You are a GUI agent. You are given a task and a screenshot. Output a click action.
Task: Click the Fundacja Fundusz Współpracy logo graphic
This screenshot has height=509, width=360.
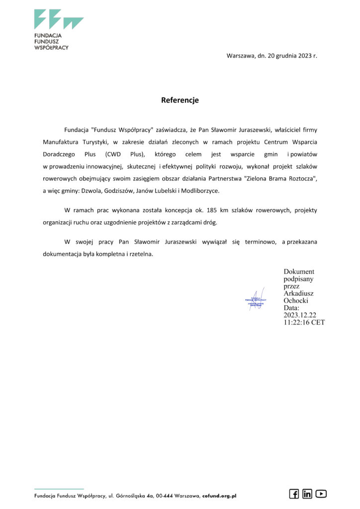[58, 19]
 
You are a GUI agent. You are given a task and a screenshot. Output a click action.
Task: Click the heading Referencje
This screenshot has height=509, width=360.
[180, 100]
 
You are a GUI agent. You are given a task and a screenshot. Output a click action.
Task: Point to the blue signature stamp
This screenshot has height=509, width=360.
[257, 300]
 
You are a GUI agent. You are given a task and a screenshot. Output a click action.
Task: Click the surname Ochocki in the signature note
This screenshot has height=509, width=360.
[296, 301]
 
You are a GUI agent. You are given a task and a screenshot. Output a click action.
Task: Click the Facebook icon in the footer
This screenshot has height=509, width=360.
[294, 494]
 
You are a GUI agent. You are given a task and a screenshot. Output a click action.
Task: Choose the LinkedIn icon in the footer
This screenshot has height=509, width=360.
[307, 494]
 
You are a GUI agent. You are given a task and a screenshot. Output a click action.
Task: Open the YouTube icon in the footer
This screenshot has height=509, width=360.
[321, 494]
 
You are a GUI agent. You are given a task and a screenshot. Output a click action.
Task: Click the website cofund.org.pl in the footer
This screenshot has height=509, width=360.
[219, 496]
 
